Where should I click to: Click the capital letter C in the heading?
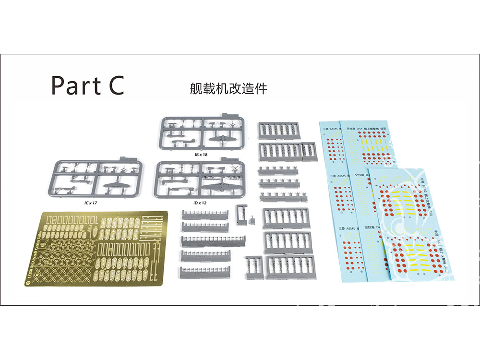114,85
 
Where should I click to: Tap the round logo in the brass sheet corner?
29,282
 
